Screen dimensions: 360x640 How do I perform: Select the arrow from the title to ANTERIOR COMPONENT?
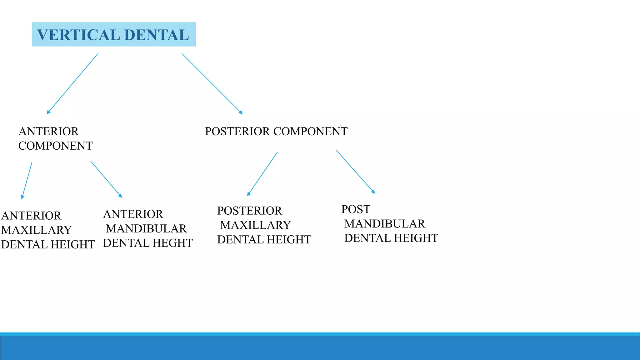pyautogui.click(x=72, y=84)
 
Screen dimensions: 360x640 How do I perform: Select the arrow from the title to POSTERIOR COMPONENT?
pyautogui.click(x=212, y=83)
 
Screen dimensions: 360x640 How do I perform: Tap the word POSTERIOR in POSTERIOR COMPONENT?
pyautogui.click(x=237, y=132)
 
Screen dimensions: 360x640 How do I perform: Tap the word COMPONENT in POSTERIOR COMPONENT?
pyautogui.click(x=310, y=132)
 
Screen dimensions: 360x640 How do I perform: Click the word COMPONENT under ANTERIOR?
pyautogui.click(x=55, y=146)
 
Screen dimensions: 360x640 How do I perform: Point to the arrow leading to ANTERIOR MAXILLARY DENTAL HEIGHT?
pyautogui.click(x=27, y=180)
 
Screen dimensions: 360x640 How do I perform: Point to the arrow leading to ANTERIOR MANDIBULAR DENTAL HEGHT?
pyautogui.click(x=106, y=179)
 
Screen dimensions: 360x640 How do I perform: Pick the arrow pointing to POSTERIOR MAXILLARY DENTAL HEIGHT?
pyautogui.click(x=262, y=174)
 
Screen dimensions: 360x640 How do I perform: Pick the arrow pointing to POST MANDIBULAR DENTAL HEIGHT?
pyautogui.click(x=355, y=172)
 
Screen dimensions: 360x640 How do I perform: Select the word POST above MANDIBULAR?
pyautogui.click(x=356, y=209)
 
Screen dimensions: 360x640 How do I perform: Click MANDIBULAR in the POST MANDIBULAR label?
pyautogui.click(x=385, y=224)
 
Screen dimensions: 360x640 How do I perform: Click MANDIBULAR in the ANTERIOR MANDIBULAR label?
pyautogui.click(x=146, y=229)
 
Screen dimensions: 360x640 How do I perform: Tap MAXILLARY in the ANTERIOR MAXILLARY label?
pyautogui.click(x=36, y=230)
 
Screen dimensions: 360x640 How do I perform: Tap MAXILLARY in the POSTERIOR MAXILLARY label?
pyautogui.click(x=255, y=225)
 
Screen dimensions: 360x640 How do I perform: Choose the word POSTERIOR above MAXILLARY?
pyautogui.click(x=249, y=211)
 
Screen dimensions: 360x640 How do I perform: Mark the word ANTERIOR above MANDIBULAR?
pyautogui.click(x=133, y=214)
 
